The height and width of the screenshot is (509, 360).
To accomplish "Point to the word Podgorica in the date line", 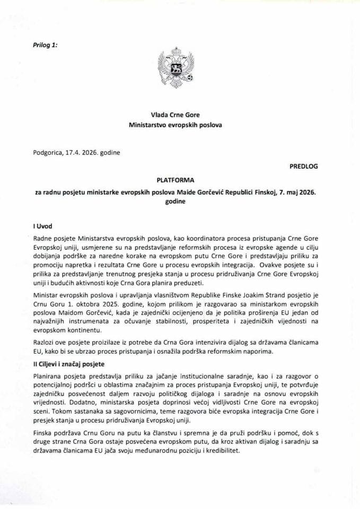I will coord(46,153).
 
